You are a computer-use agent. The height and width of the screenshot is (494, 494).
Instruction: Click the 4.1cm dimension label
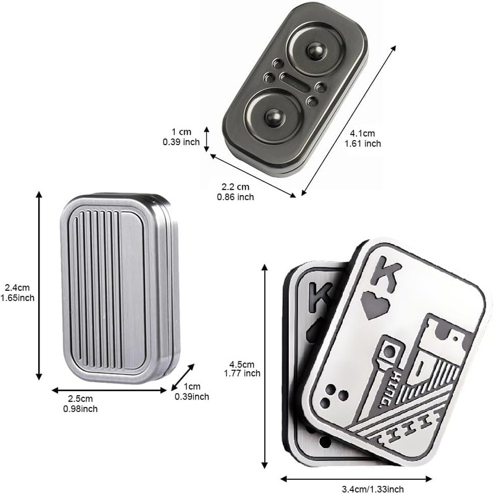coord(362,133)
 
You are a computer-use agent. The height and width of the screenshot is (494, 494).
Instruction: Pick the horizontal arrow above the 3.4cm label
coord(356,477)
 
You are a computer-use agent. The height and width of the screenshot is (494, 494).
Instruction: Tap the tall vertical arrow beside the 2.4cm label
coord(39,285)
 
